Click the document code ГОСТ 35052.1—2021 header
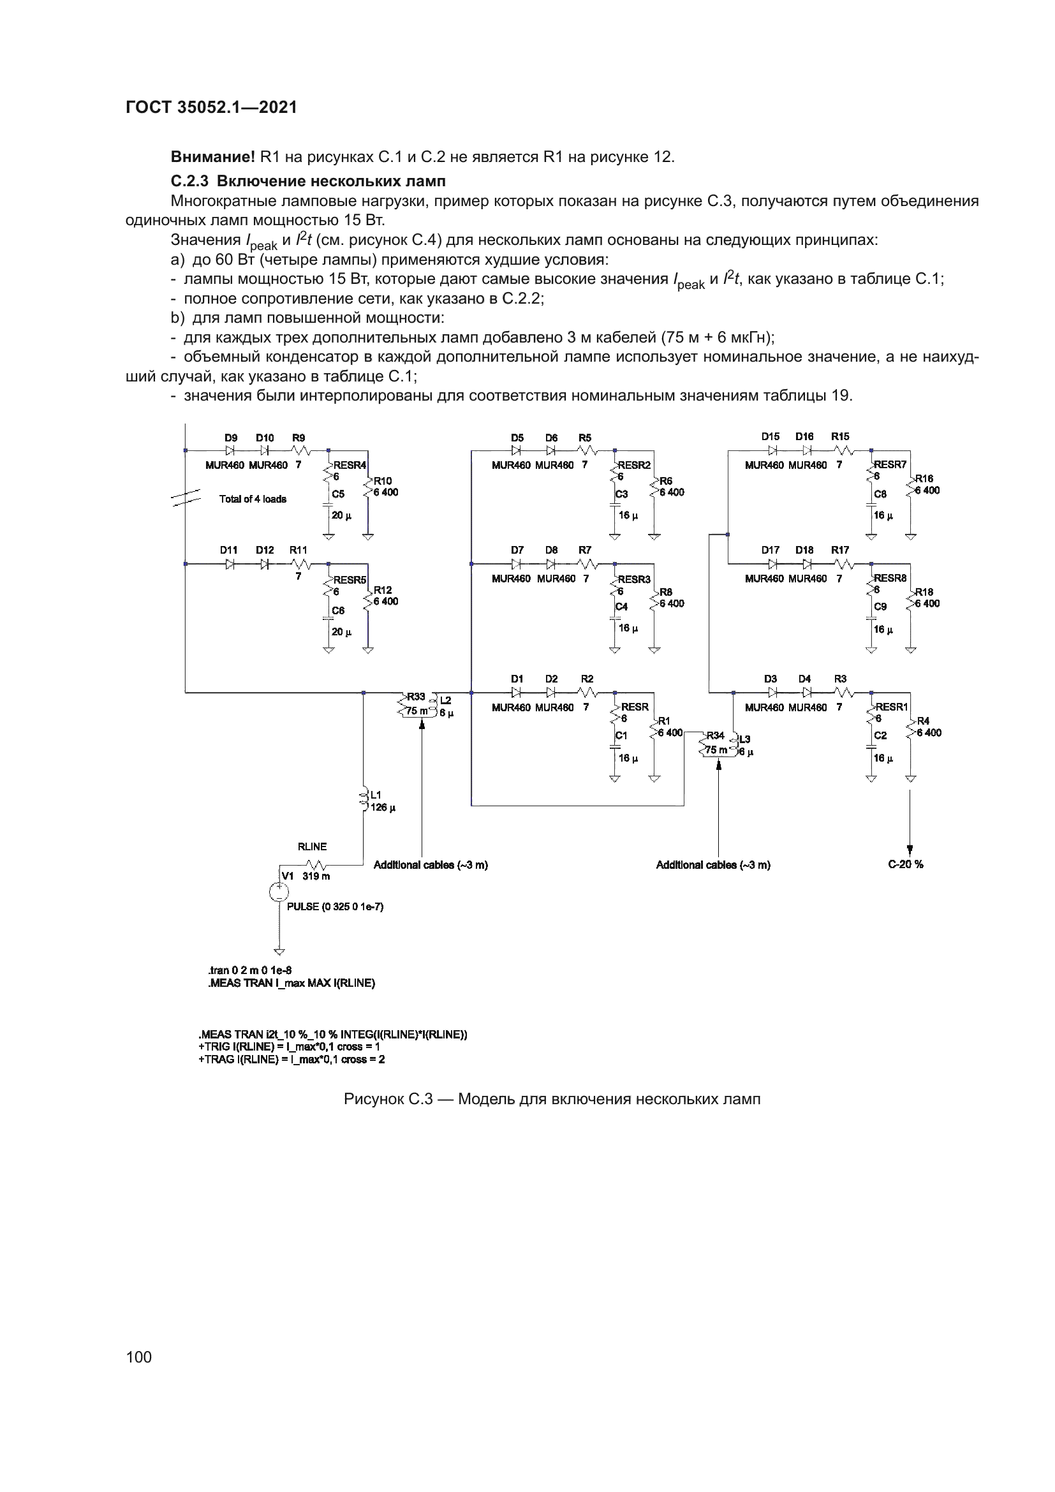tap(211, 108)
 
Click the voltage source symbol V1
tap(279, 893)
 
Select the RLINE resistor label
tap(312, 846)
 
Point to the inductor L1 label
tap(376, 794)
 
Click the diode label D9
tap(231, 438)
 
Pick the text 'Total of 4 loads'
tap(253, 499)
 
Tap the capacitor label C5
tap(338, 494)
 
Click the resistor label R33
tap(416, 697)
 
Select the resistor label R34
tap(714, 735)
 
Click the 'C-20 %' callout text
tap(906, 864)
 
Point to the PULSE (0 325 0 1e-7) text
tap(336, 906)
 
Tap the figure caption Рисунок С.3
tap(552, 1099)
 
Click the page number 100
tap(139, 1356)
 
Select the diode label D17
tap(771, 550)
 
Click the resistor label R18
tap(924, 592)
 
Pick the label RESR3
tap(634, 579)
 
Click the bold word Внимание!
tap(212, 157)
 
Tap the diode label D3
tap(771, 679)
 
